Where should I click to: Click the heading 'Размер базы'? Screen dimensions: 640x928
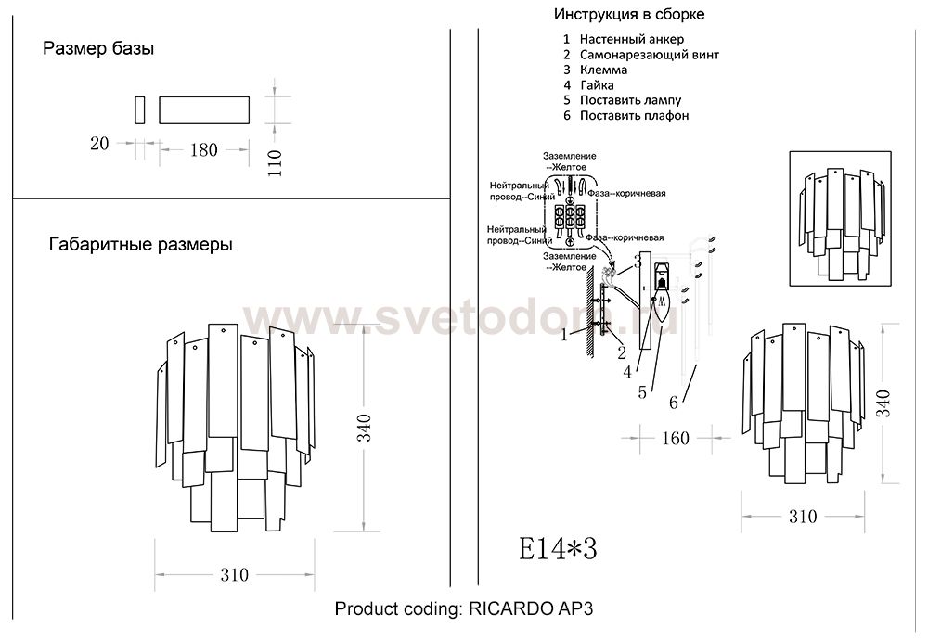pos(98,49)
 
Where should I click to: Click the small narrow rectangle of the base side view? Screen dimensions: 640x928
pos(139,109)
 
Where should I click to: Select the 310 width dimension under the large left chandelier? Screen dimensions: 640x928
pos(235,575)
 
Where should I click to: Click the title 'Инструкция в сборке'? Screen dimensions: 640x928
pos(629,15)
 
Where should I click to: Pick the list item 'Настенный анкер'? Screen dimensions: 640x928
pos(631,40)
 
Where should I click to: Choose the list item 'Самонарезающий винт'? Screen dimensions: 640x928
pos(649,55)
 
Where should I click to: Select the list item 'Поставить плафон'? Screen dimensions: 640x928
pos(634,116)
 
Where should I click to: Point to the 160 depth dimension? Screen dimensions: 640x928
pos(675,437)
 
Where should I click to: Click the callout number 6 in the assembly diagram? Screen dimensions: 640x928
pos(674,402)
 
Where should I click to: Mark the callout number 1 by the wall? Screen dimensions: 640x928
pos(562,335)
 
